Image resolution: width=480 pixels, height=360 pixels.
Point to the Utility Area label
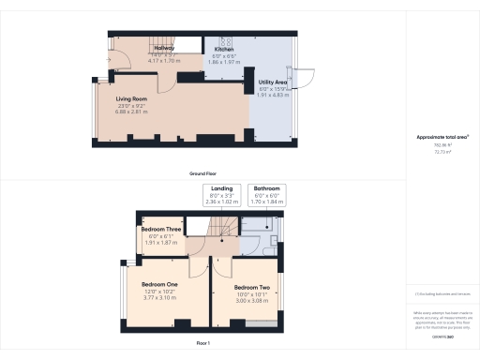[x=272, y=82]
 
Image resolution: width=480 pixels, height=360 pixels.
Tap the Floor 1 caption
[x=202, y=344]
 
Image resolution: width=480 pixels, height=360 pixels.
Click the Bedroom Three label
[x=159, y=229]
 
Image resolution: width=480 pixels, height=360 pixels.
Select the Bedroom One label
[x=159, y=284]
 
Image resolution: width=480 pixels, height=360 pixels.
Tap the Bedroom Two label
[x=252, y=287]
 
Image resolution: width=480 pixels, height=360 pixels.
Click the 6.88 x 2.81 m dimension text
[x=132, y=112]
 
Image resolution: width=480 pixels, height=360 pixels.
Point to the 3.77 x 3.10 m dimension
[x=159, y=297]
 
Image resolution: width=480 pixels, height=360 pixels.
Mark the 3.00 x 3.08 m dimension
[x=252, y=300]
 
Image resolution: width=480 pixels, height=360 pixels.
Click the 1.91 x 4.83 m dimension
[x=272, y=96]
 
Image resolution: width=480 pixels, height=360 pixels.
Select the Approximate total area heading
[x=442, y=137]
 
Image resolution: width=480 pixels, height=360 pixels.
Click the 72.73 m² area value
[x=442, y=151]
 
